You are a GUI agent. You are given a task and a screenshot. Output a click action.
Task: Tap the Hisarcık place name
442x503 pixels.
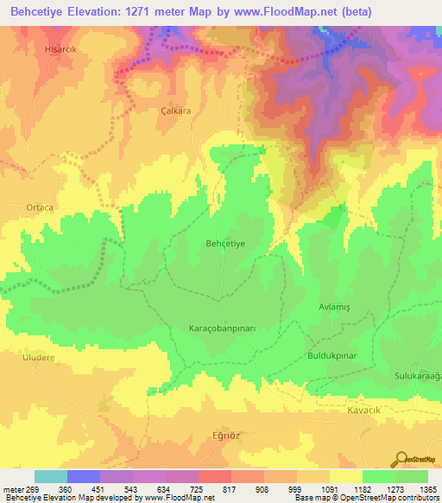61,50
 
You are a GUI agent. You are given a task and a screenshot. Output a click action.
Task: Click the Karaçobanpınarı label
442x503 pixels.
223,329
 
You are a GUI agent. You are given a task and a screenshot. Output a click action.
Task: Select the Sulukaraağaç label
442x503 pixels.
418,376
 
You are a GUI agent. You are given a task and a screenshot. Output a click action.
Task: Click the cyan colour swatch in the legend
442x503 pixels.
51,476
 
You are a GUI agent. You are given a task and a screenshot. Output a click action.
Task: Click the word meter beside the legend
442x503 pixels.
12,489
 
